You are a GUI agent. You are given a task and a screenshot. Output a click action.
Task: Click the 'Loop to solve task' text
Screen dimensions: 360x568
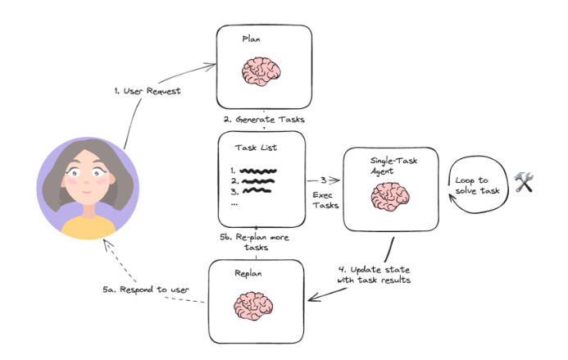[x=479, y=185]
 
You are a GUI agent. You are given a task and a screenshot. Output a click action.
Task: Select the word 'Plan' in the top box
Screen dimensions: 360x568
[x=252, y=39]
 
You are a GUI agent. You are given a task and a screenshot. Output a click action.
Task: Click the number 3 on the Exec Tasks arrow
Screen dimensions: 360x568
[x=323, y=180]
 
